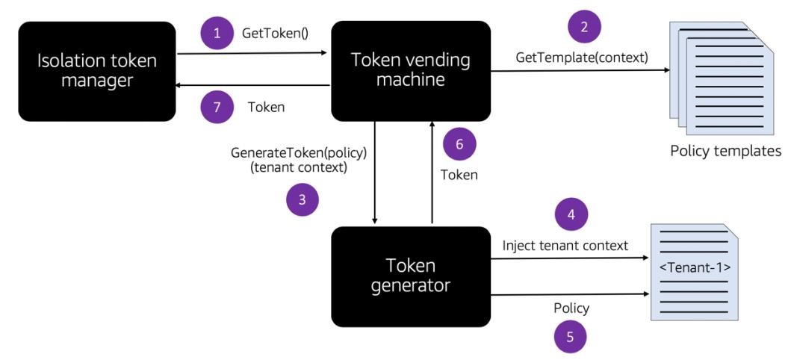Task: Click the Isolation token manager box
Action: click(x=97, y=72)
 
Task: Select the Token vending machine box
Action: click(x=411, y=70)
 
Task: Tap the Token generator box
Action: click(x=411, y=276)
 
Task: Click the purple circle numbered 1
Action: click(x=217, y=34)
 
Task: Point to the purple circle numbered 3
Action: click(x=303, y=200)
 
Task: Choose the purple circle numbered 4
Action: click(x=571, y=216)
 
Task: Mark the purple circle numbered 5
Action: click(x=570, y=336)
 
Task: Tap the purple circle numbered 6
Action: click(x=459, y=144)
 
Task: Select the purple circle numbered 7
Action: click(x=217, y=107)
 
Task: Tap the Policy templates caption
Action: click(x=725, y=152)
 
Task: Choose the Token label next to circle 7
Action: click(x=266, y=108)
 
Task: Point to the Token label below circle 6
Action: click(x=459, y=175)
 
